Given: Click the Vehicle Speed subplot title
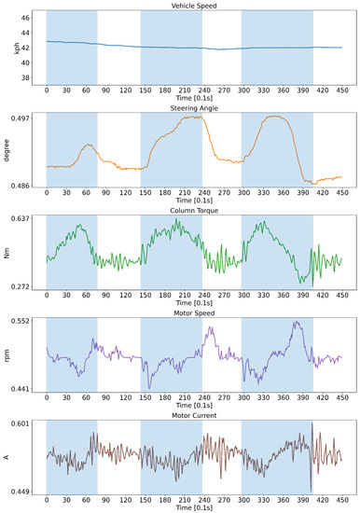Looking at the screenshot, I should (x=195, y=6).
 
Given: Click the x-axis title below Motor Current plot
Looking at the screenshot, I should (x=195, y=508).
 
